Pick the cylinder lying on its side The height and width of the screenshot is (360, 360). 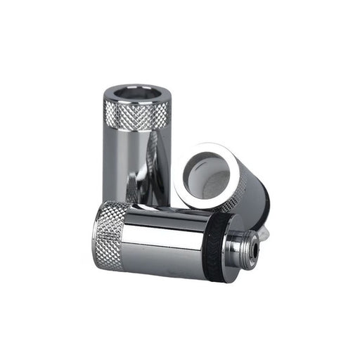pyautogui.click(x=162, y=236)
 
